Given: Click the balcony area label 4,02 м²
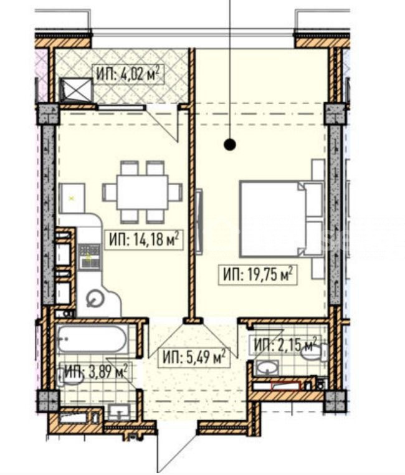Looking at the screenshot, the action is click(128, 74).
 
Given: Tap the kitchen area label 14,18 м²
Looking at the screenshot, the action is click(144, 240).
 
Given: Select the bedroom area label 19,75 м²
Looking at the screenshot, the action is click(258, 275).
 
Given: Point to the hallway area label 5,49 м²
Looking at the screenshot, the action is click(194, 357).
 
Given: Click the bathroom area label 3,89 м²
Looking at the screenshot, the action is click(96, 371).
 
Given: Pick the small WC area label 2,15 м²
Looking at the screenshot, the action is click(285, 345).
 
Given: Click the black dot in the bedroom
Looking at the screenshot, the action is click(230, 145).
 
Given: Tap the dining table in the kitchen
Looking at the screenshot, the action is click(143, 192).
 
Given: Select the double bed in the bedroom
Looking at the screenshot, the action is click(281, 219).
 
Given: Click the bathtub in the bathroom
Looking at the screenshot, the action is click(91, 338).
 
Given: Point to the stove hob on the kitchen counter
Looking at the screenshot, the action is click(89, 257).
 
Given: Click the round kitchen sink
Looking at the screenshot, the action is click(95, 299).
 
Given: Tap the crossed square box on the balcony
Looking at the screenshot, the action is click(75, 90).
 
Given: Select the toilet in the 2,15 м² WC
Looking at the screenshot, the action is click(315, 353).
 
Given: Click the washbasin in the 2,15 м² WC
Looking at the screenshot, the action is click(267, 367).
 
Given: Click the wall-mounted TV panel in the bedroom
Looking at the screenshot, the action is click(199, 221).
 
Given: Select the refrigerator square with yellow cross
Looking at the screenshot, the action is click(72, 198).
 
